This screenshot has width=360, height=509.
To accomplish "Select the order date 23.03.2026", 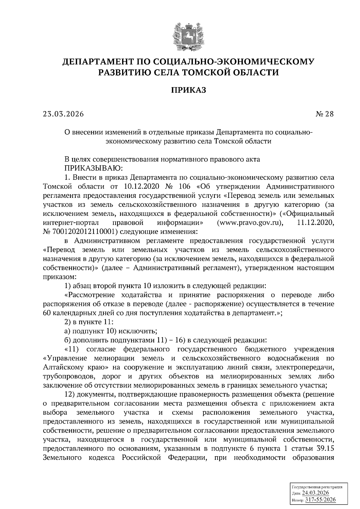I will coord(63,114).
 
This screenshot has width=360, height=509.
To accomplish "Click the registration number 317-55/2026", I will coord(320,500).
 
